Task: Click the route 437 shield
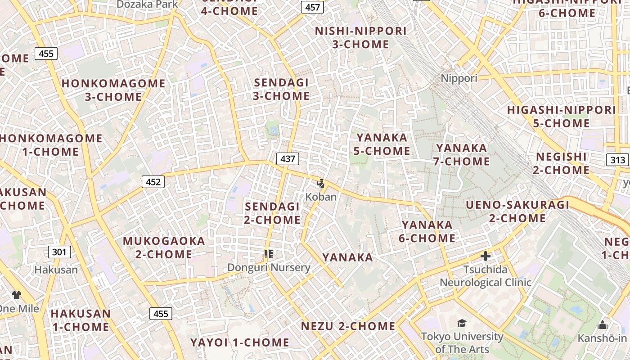tap(288, 158)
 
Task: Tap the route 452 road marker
tap(153, 182)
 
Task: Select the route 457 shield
tap(312, 7)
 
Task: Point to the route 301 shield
tap(59, 252)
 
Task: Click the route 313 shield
tap(618, 160)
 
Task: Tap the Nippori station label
tap(459, 78)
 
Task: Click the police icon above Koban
tap(320, 183)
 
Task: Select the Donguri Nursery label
tap(269, 268)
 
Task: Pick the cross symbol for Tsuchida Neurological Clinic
tap(485, 256)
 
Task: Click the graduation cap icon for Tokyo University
tap(462, 323)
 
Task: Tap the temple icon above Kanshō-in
tap(602, 325)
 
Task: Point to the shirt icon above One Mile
tap(17, 295)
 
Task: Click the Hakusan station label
tap(56, 270)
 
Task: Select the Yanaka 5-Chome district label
tap(382, 144)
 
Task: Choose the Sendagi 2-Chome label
tap(272, 213)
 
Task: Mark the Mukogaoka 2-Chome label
tap(164, 247)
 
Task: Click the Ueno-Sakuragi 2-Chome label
tap(517, 211)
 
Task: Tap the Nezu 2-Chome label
tap(348, 326)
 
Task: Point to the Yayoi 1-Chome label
tap(239, 342)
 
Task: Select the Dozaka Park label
tap(147, 4)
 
